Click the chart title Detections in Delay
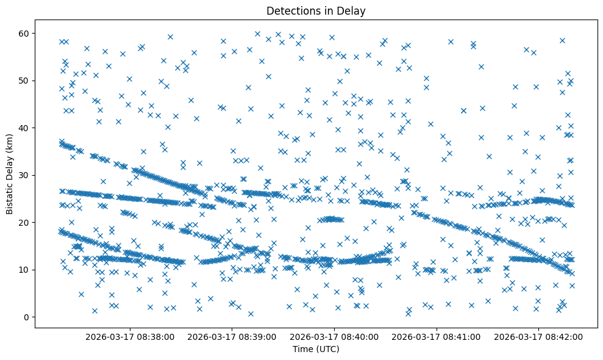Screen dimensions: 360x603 click(x=316, y=10)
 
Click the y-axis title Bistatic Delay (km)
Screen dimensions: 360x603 click(x=10, y=174)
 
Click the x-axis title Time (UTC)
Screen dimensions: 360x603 click(x=316, y=349)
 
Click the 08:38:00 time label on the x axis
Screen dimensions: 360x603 click(x=130, y=336)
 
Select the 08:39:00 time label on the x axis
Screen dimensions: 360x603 click(x=232, y=336)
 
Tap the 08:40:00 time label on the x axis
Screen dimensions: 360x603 click(x=335, y=336)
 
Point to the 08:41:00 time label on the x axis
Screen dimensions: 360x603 click(x=437, y=336)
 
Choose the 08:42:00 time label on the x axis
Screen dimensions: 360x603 click(x=539, y=336)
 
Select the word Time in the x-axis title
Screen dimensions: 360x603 click(x=303, y=349)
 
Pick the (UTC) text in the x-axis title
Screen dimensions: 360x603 click(x=327, y=349)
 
